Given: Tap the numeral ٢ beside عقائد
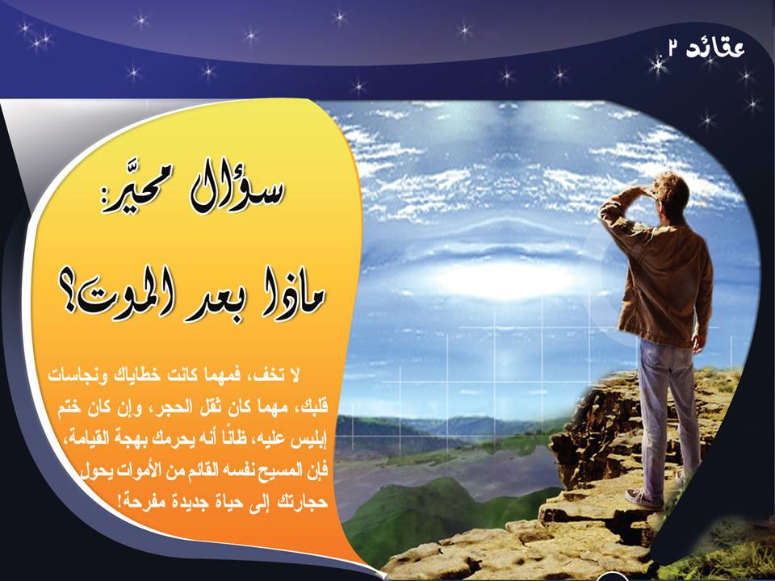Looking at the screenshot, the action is coord(673,49).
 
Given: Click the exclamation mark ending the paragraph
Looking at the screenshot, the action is coord(119,501).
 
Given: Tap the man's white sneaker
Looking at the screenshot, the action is coord(643,498).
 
